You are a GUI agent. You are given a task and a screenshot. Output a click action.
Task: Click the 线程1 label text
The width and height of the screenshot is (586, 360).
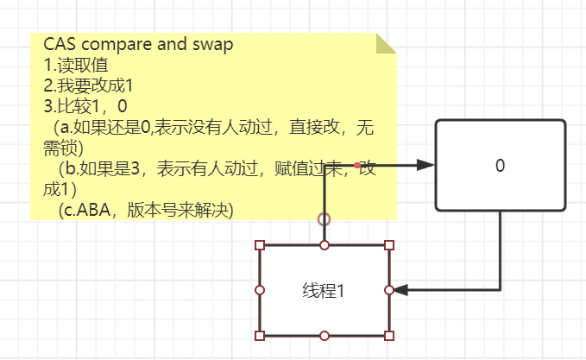324,291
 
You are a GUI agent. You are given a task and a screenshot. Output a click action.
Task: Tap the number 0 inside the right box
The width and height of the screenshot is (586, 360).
500,166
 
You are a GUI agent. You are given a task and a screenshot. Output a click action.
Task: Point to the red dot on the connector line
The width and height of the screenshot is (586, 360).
356,165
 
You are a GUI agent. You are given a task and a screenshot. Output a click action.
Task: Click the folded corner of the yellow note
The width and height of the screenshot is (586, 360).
385,43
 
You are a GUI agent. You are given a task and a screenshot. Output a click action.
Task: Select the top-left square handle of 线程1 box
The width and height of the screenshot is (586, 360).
260,246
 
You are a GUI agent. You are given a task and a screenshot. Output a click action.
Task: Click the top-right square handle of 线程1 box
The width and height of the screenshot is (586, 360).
388,246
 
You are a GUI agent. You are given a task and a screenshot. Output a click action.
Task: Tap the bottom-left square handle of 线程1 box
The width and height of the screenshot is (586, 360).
260,335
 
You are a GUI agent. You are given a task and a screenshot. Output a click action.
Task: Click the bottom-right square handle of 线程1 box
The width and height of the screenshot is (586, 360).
388,335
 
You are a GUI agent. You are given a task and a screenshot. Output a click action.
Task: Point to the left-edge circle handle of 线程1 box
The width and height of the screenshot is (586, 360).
260,290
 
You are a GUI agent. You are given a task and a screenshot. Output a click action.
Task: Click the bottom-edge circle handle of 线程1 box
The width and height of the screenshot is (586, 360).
325,335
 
